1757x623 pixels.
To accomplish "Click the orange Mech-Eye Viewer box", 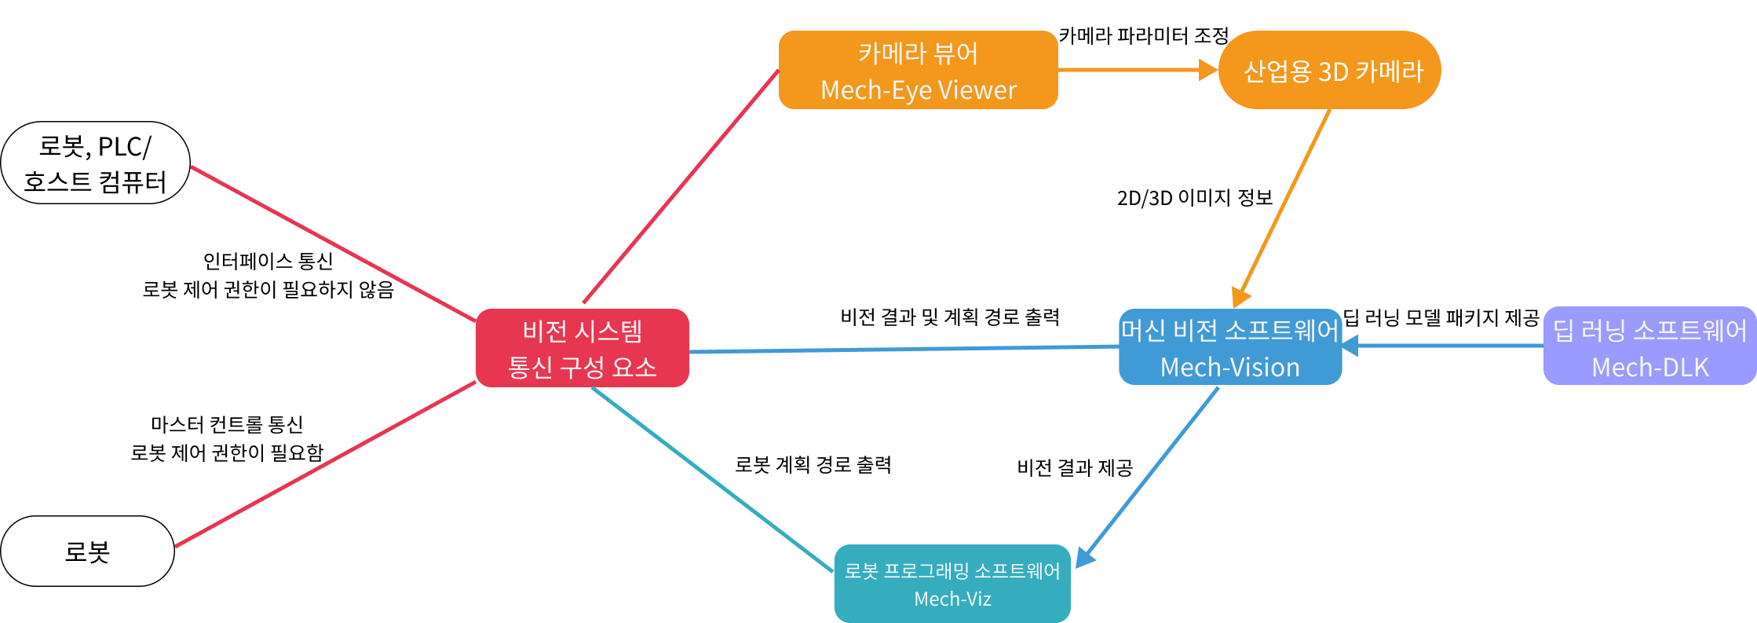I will pyautogui.click(x=918, y=70).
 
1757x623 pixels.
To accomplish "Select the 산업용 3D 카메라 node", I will pyautogui.click(x=1329, y=70).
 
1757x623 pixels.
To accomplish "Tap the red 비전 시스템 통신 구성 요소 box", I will pyautogui.click(x=582, y=348).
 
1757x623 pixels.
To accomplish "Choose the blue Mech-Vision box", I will pyautogui.click(x=1229, y=347).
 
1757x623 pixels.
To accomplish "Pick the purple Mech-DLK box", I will pyautogui.click(x=1649, y=346).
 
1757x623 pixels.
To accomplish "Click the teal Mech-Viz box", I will pyautogui.click(x=952, y=584).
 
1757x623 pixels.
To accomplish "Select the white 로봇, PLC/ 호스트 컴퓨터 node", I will pyautogui.click(x=95, y=163).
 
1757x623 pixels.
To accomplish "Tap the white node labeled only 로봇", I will pyautogui.click(x=87, y=551).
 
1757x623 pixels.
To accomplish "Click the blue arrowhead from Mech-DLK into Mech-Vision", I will pyautogui.click(x=1350, y=346).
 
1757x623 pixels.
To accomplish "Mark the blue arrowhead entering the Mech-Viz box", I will pyautogui.click(x=1084, y=556).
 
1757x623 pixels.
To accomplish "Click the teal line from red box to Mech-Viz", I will pyautogui.click(x=711, y=478).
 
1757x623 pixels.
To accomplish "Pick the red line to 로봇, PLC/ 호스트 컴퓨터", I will pyautogui.click(x=334, y=244).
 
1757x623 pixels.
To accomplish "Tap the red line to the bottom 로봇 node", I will pyautogui.click(x=325, y=464).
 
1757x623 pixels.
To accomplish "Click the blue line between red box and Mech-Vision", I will pyautogui.click(x=903, y=349).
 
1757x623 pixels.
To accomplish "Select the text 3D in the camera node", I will pyautogui.click(x=1332, y=71).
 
